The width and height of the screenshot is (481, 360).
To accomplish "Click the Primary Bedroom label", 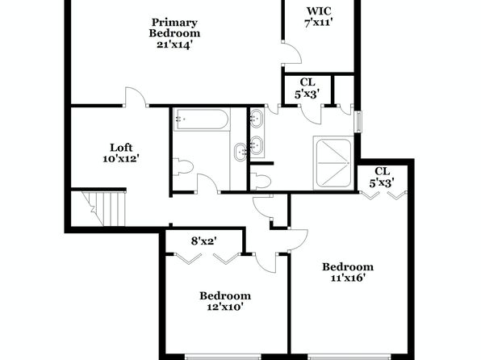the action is [174, 27].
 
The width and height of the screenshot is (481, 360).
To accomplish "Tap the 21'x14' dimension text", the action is [174, 44].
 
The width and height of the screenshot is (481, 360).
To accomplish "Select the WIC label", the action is [319, 11].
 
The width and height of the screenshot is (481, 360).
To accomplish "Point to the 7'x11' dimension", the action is [319, 23].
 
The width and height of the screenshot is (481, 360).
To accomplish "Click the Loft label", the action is [121, 148].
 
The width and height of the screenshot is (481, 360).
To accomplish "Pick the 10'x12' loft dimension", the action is [121, 159].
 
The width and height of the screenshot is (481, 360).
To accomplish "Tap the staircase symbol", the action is [103, 208].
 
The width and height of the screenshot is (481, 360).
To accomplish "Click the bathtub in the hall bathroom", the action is [201, 119].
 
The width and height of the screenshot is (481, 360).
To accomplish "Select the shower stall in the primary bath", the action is [333, 163].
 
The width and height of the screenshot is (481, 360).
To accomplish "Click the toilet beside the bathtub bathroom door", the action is [183, 167].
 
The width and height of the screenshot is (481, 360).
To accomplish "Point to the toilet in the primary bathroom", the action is [261, 181].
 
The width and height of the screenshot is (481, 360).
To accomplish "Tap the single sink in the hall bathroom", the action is [240, 152].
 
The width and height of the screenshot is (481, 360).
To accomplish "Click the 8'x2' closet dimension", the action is [204, 241].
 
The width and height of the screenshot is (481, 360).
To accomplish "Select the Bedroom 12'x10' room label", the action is [225, 301].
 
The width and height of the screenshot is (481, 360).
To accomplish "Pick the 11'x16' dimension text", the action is [348, 278].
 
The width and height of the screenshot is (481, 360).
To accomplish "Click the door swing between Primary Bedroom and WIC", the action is [292, 52].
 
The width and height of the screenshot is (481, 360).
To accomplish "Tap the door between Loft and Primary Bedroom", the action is [136, 97].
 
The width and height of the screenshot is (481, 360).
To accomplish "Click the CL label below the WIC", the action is [307, 82].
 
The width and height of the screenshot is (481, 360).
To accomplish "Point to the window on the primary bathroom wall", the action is [358, 122].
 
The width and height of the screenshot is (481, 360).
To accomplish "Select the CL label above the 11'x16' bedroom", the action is [383, 171].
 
